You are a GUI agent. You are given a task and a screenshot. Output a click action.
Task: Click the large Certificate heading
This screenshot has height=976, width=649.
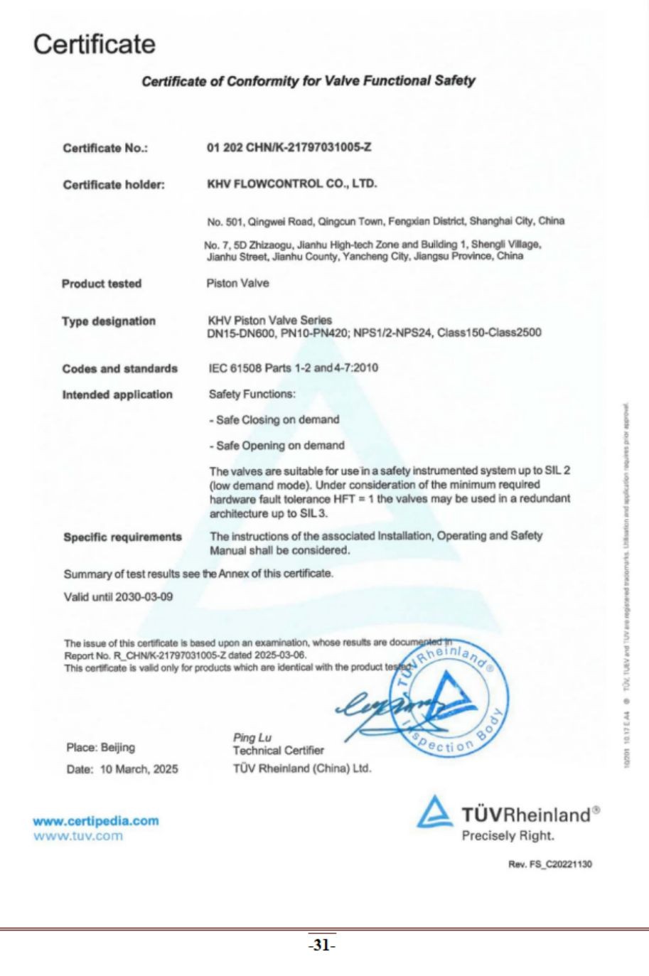94,44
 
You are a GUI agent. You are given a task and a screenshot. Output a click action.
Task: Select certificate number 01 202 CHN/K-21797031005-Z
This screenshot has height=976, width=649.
289,148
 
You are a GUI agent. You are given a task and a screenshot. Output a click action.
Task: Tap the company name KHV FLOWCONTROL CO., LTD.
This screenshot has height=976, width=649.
291,184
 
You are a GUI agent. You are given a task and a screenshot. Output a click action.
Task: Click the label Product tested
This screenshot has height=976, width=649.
102,284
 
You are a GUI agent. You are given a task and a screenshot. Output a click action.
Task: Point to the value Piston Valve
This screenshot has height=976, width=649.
237,284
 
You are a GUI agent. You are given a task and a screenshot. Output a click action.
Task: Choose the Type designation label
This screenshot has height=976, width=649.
108,321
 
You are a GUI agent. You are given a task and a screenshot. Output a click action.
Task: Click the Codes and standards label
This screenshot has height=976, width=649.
119,369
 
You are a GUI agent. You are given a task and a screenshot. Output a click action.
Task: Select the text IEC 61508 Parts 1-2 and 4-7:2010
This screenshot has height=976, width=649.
293,368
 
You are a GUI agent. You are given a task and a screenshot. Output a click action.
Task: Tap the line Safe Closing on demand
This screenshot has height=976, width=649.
274,420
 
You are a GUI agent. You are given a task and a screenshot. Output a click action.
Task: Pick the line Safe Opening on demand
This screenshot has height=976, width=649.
277,446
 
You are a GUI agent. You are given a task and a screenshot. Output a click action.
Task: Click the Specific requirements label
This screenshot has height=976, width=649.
122,537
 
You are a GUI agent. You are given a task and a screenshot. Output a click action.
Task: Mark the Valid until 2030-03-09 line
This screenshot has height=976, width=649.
118,597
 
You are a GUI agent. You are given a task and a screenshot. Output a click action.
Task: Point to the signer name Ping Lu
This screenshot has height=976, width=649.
252,738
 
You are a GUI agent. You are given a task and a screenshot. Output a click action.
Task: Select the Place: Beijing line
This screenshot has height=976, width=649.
100,748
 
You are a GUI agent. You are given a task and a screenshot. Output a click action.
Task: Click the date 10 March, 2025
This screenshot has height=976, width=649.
139,769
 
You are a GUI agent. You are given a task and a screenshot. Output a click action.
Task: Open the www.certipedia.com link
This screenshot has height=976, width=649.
95,821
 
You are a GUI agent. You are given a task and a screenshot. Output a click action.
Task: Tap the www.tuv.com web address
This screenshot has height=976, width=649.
77,836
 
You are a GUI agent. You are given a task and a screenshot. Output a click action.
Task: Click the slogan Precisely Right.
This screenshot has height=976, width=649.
508,836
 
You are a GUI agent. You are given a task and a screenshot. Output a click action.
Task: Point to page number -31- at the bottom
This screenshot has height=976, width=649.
321,946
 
